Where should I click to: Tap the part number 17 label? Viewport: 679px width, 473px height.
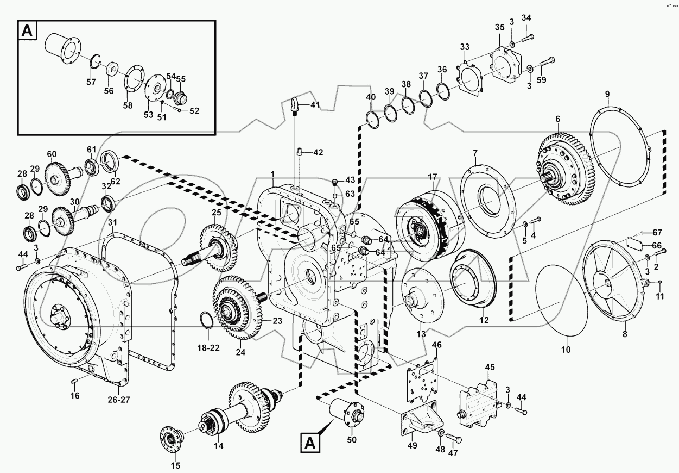[433, 177]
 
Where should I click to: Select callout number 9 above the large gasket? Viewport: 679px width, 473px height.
[608, 94]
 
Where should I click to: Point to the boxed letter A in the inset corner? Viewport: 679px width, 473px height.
[27, 32]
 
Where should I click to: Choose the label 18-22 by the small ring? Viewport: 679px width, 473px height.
[207, 347]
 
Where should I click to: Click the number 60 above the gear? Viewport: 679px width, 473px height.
[52, 154]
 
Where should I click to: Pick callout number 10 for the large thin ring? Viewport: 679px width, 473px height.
[566, 351]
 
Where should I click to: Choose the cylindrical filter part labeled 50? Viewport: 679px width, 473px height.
[347, 413]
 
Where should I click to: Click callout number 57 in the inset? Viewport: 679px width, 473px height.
[91, 82]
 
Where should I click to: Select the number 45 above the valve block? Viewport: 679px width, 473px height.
[490, 368]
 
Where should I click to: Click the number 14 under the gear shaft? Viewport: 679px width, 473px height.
[219, 445]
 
